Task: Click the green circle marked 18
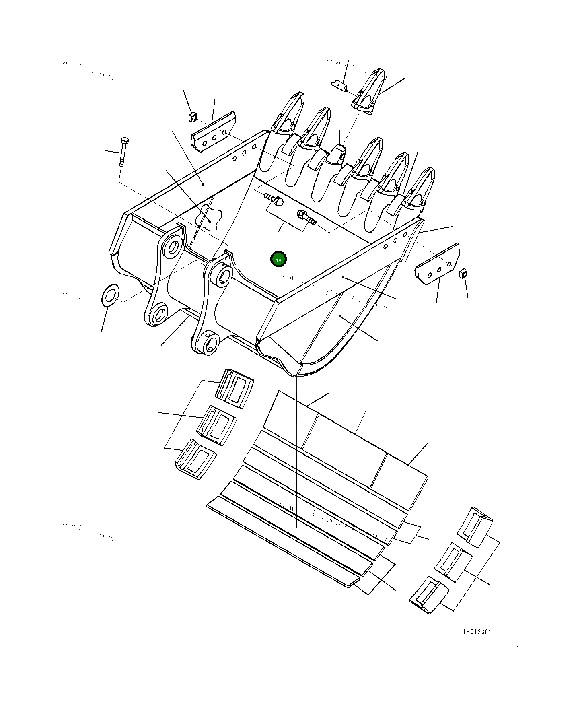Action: (x=278, y=260)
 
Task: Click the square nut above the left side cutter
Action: (x=192, y=117)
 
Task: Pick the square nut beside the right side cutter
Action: (x=463, y=274)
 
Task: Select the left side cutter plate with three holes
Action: (x=214, y=132)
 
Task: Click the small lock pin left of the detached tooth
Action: (x=339, y=86)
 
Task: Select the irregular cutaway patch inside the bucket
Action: (x=209, y=218)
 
